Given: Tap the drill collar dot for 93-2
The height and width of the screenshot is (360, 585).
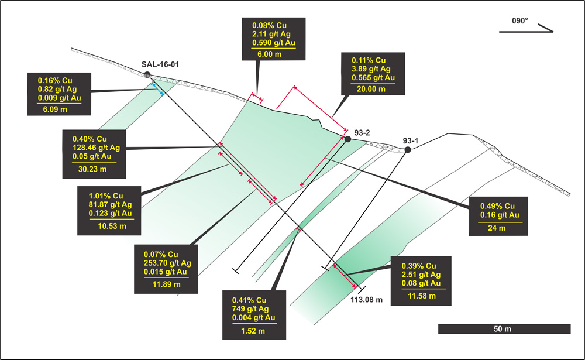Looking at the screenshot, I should [x=347, y=139].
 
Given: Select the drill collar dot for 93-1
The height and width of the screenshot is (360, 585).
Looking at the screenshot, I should [x=408, y=150].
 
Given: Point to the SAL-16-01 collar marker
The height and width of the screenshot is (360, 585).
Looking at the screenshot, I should [x=147, y=74].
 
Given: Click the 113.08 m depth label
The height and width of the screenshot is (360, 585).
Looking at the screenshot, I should [x=367, y=300].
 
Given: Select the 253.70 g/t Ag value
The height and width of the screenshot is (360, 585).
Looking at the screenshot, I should [x=171, y=263].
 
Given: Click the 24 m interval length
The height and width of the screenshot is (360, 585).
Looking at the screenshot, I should [x=498, y=228].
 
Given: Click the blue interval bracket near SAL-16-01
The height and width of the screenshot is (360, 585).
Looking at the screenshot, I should [x=157, y=88].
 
